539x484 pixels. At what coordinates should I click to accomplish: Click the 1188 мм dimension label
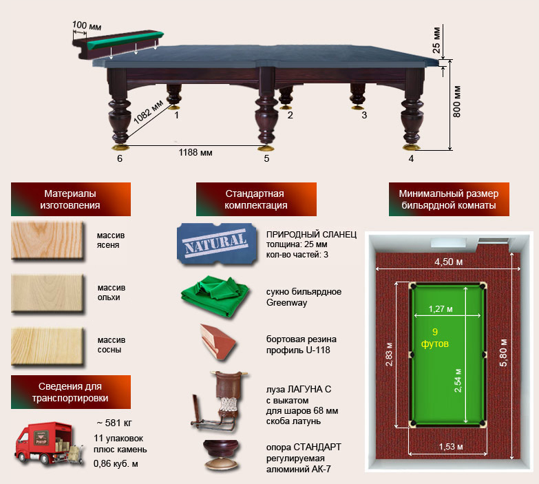point(195,153)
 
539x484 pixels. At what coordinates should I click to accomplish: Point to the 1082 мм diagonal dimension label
point(148,112)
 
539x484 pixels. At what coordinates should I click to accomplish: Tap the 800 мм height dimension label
point(456,102)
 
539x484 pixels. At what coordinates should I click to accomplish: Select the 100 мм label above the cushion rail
point(87,25)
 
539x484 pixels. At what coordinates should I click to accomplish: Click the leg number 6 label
point(120,158)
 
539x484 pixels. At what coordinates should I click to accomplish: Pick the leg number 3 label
point(364,115)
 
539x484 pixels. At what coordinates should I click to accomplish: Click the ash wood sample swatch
point(47,240)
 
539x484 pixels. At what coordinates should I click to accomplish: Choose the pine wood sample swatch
point(47,346)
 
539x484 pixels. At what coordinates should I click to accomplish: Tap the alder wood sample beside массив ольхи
point(47,293)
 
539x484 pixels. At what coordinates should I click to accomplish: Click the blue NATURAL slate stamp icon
point(217,244)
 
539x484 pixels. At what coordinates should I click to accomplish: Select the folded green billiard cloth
point(215,295)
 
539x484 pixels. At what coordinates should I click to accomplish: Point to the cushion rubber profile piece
point(218,341)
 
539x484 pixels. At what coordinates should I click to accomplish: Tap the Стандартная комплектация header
point(256,200)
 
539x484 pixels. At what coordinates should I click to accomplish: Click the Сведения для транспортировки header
point(71,392)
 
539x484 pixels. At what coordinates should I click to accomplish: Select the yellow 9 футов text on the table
point(435,337)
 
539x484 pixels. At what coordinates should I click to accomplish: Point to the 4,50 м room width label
point(449,262)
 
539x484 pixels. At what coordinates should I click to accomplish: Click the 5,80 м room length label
point(503,353)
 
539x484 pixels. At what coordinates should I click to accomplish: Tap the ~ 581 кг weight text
point(114,423)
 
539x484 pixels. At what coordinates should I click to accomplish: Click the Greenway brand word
point(286,303)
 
